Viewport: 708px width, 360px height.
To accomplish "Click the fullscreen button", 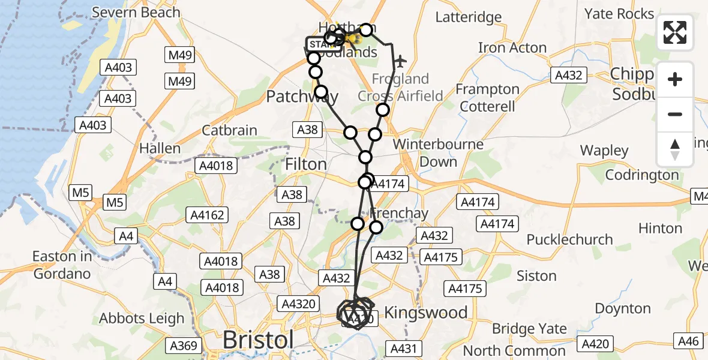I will [x=675, y=32].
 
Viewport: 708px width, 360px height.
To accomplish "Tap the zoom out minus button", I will [x=675, y=114].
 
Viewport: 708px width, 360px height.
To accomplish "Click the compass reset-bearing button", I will [x=675, y=149].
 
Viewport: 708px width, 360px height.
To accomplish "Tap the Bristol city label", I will [x=259, y=340].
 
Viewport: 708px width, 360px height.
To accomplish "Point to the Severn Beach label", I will [x=136, y=12].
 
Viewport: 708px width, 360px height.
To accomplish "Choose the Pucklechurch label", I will [x=569, y=239].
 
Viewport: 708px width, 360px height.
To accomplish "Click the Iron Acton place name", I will [x=512, y=47].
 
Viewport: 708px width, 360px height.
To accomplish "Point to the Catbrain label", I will [x=229, y=130].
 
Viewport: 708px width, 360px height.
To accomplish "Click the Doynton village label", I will [x=623, y=309].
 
